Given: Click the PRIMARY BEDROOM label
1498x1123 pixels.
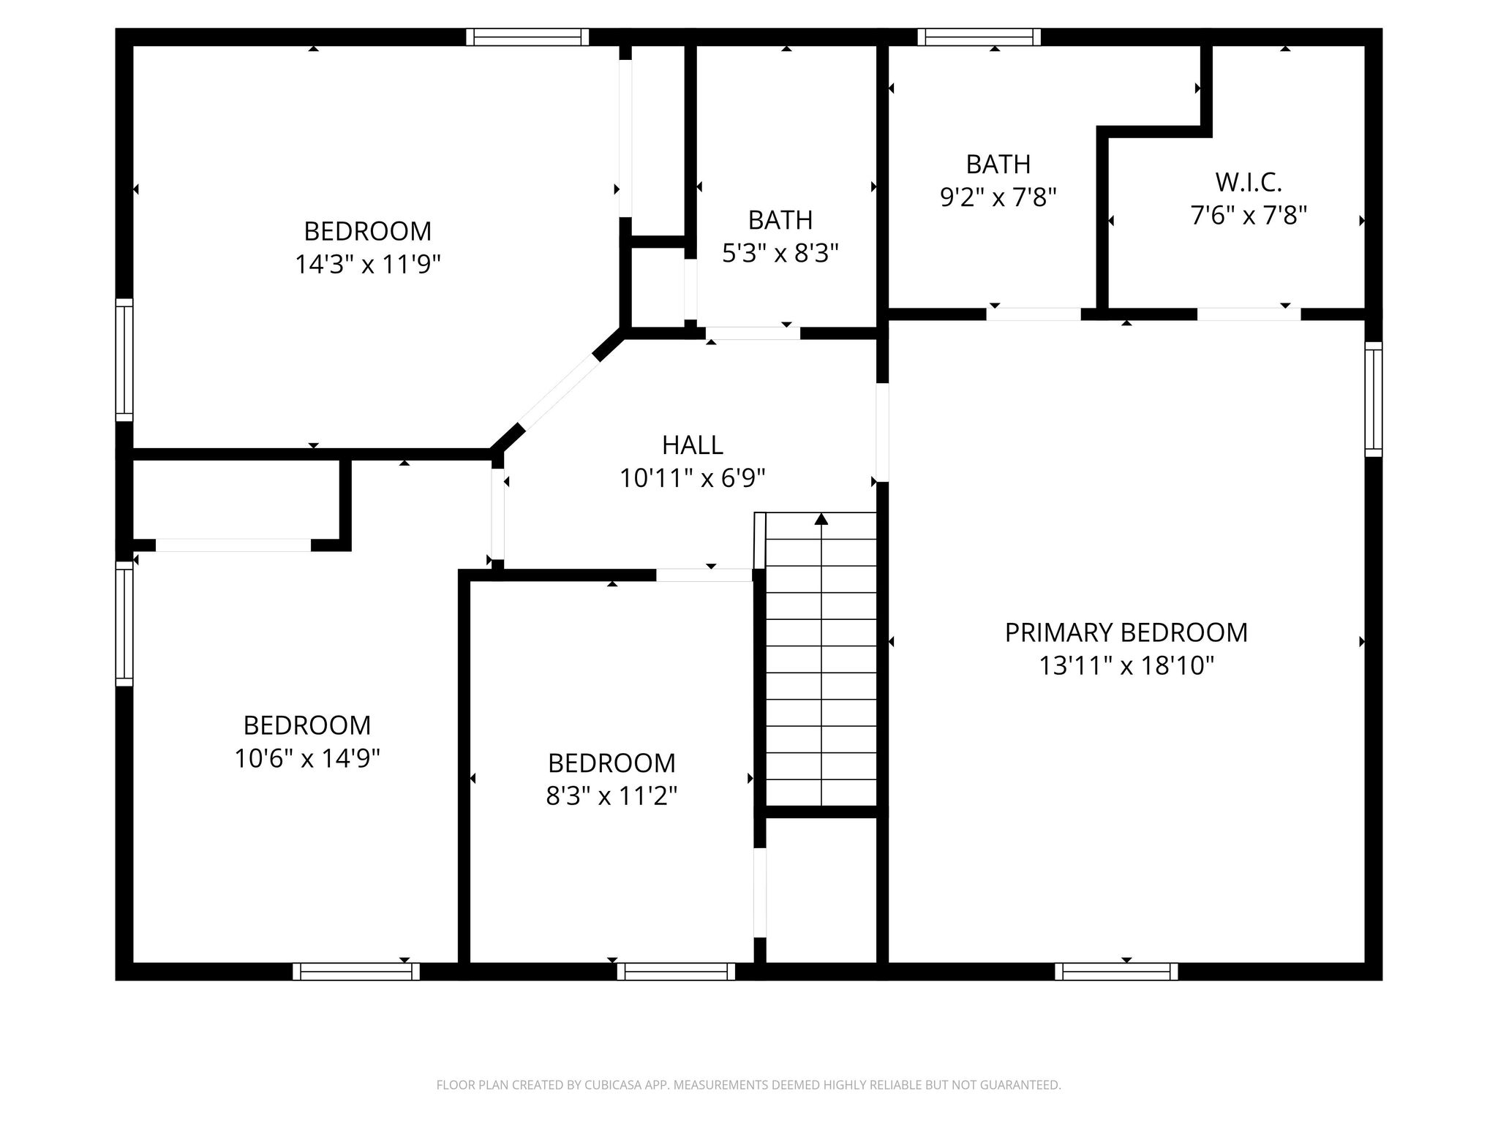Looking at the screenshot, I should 1126,632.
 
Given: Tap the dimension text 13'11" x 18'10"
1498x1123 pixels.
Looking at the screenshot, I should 1126,666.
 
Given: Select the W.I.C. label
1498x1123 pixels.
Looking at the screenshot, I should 1249,182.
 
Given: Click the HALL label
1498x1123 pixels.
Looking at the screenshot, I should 692,445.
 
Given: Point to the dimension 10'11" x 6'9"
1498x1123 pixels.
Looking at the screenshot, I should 692,479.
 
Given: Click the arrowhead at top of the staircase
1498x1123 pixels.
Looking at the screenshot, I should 821,519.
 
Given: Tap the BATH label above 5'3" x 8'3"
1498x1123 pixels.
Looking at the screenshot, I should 780,220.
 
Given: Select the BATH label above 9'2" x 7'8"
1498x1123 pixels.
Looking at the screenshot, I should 998,165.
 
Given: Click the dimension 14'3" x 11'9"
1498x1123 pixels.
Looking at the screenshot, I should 367,265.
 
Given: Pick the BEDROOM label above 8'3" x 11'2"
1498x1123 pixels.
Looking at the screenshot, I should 611,763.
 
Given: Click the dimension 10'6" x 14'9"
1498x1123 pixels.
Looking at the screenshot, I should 306,759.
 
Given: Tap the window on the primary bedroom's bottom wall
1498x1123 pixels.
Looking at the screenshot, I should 1116,971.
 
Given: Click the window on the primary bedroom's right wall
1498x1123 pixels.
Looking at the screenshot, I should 1374,399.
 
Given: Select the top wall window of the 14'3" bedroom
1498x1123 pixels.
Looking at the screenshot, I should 527,37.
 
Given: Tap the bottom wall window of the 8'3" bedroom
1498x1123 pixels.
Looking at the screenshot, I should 676,971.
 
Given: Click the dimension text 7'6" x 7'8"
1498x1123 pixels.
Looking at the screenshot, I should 1249,216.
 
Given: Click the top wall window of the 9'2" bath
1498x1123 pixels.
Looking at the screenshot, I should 979,37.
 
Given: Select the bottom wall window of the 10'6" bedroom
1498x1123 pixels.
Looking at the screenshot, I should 356,971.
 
